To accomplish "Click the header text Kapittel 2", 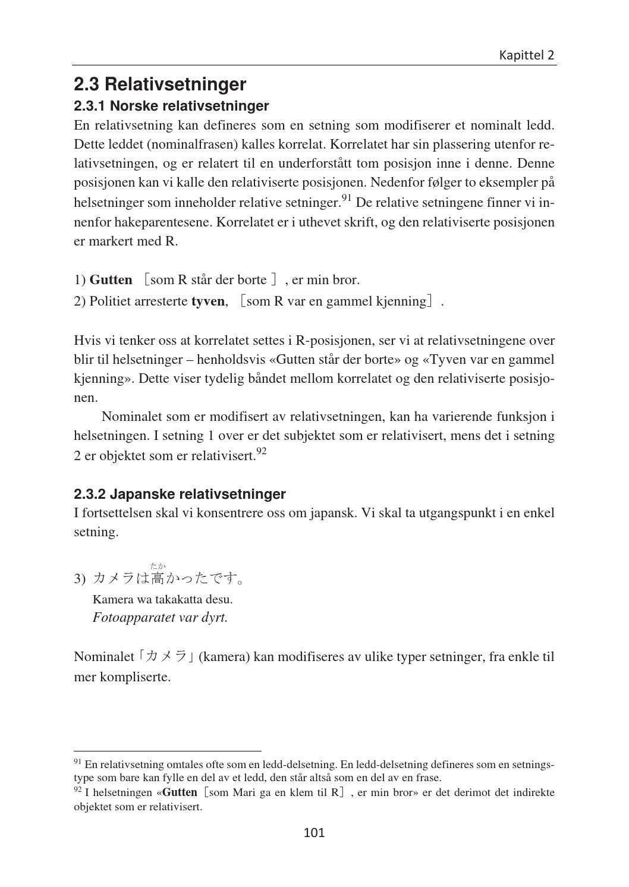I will pyautogui.click(x=526, y=55).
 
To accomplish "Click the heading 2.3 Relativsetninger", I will pyautogui.click(x=159, y=84).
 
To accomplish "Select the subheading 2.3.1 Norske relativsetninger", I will pyautogui.click(x=171, y=106).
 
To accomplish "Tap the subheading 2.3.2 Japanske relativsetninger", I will pyautogui.click(x=180, y=494).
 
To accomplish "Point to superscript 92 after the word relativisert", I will pyautogui.click(x=261, y=452).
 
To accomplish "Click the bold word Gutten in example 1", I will pyautogui.click(x=111, y=279).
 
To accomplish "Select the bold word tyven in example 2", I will pyautogui.click(x=207, y=301).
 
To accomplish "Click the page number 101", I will pyautogui.click(x=314, y=832).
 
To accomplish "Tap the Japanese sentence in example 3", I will pyautogui.click(x=169, y=578).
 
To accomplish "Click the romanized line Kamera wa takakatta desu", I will pyautogui.click(x=162, y=599).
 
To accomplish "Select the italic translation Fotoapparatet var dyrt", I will pyautogui.click(x=160, y=617).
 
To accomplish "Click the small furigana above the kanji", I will pyautogui.click(x=158, y=565).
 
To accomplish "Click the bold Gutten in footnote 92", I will pyautogui.click(x=180, y=792).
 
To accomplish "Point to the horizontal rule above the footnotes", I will pyautogui.click(x=167, y=751).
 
